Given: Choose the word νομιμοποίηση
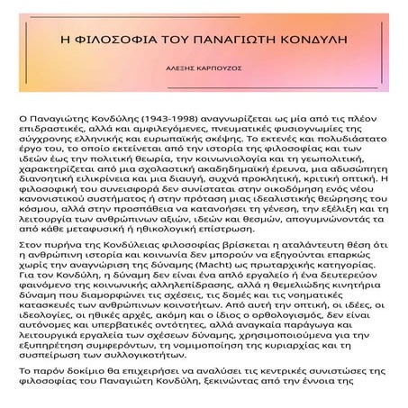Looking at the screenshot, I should coord(229,353).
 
